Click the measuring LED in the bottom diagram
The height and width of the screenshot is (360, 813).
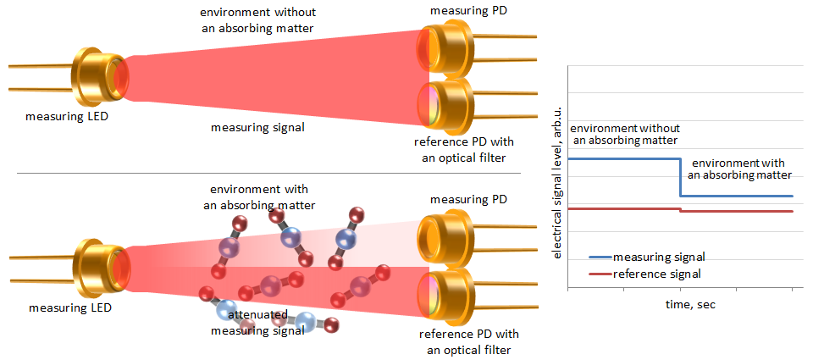[x=98, y=268]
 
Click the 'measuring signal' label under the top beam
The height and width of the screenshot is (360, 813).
[x=257, y=128]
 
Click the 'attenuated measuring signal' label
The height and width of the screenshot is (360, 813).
[x=257, y=323]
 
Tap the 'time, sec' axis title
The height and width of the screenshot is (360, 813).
[x=691, y=305]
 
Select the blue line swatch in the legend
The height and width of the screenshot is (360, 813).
[x=600, y=257]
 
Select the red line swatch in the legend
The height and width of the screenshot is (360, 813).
[x=600, y=274]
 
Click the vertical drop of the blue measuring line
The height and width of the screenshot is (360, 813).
[x=680, y=177]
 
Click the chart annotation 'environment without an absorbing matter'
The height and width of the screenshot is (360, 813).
[x=624, y=133]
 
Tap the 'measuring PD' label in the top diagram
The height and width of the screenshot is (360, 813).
[x=468, y=9]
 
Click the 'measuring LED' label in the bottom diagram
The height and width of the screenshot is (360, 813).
[x=70, y=308]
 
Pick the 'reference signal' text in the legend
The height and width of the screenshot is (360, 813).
[x=656, y=274]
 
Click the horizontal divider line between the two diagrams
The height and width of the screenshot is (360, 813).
[x=268, y=173]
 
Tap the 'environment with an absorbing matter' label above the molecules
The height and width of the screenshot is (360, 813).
[x=259, y=197]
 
